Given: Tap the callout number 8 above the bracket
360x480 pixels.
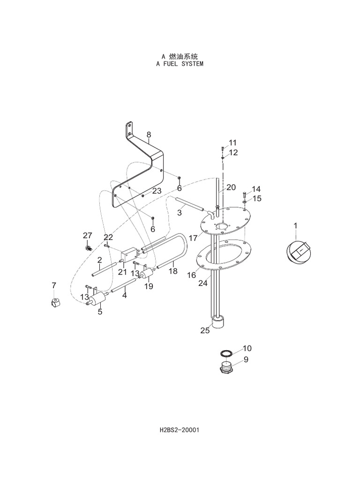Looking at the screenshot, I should [x=148, y=135].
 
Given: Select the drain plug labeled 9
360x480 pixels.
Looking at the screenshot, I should [x=226, y=367].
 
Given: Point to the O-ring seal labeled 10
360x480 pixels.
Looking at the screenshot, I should [x=226, y=352].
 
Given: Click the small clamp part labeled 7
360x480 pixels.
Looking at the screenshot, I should [x=54, y=302].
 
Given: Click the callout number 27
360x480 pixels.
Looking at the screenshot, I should [x=88, y=235].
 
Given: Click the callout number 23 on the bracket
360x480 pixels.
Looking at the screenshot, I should [x=157, y=191].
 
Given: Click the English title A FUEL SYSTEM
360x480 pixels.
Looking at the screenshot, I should [x=180, y=63].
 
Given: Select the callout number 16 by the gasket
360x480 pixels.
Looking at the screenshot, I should [x=192, y=275].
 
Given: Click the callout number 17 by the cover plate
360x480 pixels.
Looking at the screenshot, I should [x=193, y=238].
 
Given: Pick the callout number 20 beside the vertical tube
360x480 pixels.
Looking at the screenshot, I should [x=231, y=187].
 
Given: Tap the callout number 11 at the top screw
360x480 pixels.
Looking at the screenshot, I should [x=233, y=142].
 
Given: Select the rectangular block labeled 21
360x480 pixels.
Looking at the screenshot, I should [x=128, y=254].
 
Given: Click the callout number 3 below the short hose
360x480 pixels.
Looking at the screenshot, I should [x=179, y=213].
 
